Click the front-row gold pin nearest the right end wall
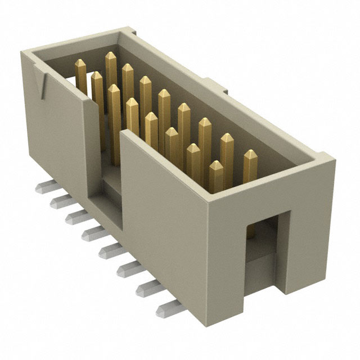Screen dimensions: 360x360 [x=215, y=166]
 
